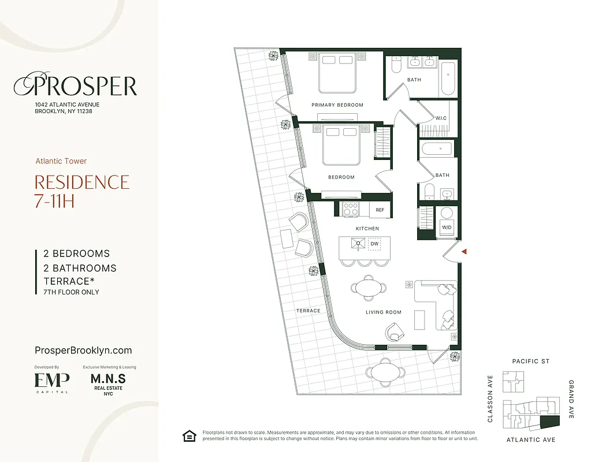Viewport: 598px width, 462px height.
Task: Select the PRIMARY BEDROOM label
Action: tap(337, 105)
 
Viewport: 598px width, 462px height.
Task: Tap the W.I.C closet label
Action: tap(441, 118)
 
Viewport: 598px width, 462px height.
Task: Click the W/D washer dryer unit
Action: tap(447, 227)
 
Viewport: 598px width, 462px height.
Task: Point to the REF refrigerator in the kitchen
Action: tap(380, 210)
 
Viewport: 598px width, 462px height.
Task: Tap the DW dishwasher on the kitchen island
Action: tap(374, 244)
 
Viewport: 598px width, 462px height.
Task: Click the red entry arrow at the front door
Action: tap(463, 252)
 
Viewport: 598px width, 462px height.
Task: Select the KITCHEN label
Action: tap(367, 229)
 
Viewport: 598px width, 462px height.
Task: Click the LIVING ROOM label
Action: tap(383, 312)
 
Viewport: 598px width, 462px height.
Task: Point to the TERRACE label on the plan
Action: tap(308, 311)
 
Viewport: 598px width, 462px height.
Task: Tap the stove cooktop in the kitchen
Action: tap(350, 208)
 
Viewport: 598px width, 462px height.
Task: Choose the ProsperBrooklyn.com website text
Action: tap(83, 351)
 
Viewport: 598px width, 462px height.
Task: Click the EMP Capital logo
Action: tap(51, 381)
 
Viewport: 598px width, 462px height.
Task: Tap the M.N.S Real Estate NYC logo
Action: tap(108, 382)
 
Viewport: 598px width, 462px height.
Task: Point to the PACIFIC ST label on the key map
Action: tap(530, 362)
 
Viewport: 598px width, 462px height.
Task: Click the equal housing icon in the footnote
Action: tap(189, 435)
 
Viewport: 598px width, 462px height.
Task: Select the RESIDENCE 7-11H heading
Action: tap(82, 192)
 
